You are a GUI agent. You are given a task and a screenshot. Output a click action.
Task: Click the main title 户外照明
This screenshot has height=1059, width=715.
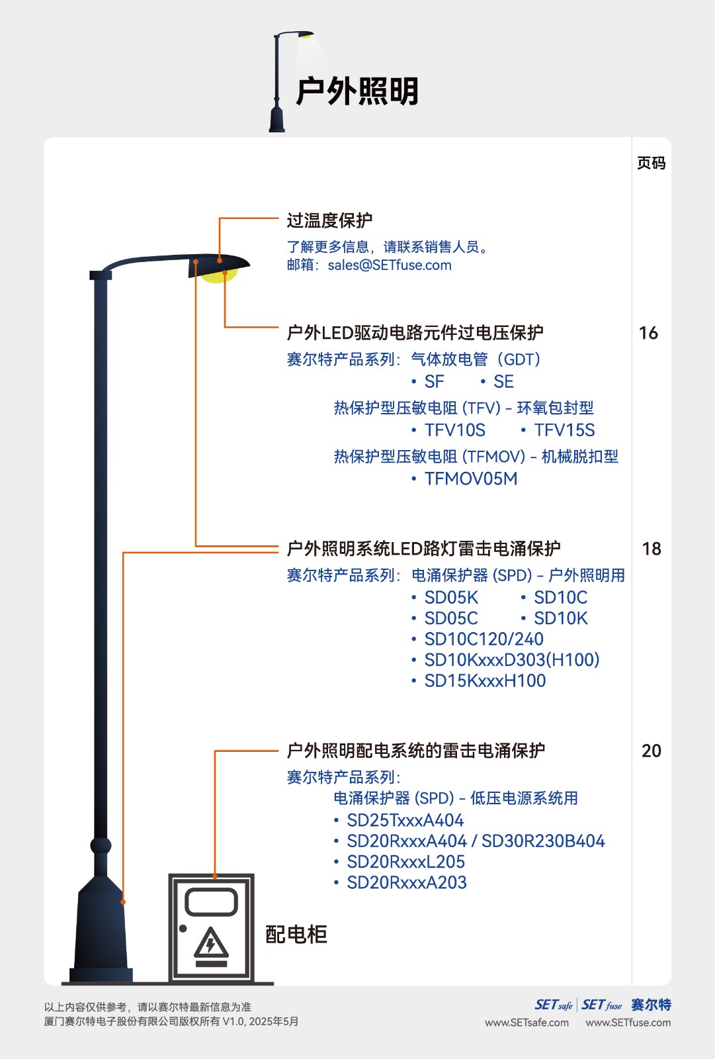[357, 91]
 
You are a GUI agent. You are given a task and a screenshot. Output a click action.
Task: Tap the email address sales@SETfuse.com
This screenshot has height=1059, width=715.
[390, 265]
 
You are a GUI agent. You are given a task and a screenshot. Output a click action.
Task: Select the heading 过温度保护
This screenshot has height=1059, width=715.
[329, 220]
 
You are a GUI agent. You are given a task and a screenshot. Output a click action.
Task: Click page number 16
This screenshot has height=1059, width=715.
[648, 334]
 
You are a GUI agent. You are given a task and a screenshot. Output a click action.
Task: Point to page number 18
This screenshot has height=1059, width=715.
[652, 549]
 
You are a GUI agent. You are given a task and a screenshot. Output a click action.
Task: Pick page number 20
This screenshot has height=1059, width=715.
[652, 751]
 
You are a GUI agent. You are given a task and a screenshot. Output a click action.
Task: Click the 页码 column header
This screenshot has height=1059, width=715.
[652, 163]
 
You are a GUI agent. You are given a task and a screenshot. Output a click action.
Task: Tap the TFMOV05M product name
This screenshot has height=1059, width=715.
[471, 479]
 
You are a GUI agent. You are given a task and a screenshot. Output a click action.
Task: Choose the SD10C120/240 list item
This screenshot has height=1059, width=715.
[484, 639]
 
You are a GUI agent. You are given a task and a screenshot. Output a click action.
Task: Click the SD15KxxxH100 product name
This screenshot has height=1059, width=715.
[485, 681]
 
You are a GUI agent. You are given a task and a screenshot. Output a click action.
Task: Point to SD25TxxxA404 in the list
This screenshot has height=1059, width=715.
[405, 820]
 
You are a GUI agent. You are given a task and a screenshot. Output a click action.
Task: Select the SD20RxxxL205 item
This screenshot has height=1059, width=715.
[405, 862]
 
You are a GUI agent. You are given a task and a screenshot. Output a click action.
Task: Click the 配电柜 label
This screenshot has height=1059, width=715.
[296, 934]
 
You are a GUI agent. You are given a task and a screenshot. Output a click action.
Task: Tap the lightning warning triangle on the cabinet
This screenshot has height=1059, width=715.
[211, 943]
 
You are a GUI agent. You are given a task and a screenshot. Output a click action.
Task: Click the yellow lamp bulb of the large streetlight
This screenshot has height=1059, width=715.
[218, 275]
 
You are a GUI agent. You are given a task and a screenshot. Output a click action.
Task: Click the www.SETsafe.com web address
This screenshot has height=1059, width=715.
[526, 1023]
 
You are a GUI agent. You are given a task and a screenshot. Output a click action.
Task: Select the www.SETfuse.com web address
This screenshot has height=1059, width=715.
[628, 1023]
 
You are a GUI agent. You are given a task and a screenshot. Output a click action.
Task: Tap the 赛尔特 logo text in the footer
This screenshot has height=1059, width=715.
[651, 1005]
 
